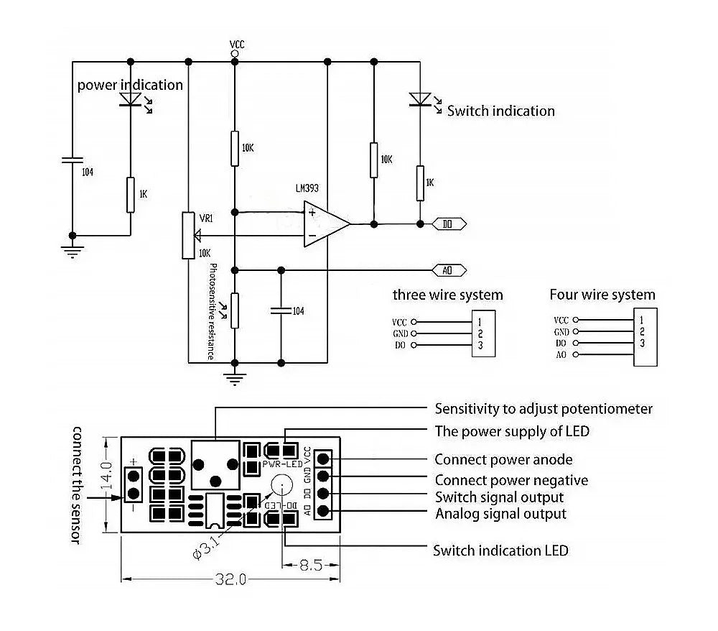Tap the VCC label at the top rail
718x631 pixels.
pyautogui.click(x=237, y=45)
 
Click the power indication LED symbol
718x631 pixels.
pyautogui.click(x=131, y=99)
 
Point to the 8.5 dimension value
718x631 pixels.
pyautogui.click(x=310, y=565)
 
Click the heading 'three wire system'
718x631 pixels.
pyautogui.click(x=447, y=295)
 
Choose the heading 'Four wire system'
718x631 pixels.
pyautogui.click(x=602, y=295)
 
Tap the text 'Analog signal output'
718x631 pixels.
pyautogui.click(x=500, y=514)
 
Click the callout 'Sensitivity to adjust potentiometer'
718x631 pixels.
pyautogui.click(x=544, y=409)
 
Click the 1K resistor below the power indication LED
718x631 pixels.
pyautogui.click(x=131, y=194)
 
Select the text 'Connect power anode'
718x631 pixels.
pyautogui.click(x=503, y=460)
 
